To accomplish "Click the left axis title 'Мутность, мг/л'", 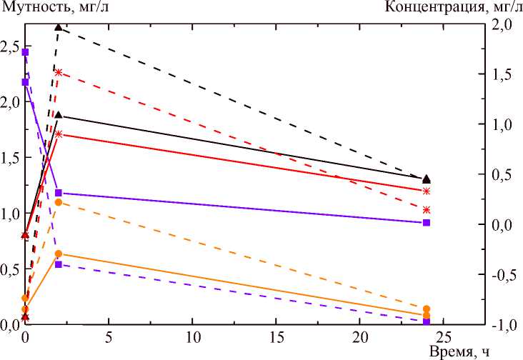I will click(50, 8).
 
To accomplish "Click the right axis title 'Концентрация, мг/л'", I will click(453, 8).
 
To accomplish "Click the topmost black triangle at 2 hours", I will click(59, 27).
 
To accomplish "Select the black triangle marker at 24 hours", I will click(427, 179).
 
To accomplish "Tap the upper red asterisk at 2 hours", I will click(59, 72).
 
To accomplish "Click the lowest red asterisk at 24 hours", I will click(427, 209).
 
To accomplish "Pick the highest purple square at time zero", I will click(25, 52).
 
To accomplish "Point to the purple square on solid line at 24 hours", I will click(427, 223).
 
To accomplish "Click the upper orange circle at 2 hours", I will click(59, 203).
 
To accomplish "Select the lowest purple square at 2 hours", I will click(59, 265).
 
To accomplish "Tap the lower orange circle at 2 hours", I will click(59, 254).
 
